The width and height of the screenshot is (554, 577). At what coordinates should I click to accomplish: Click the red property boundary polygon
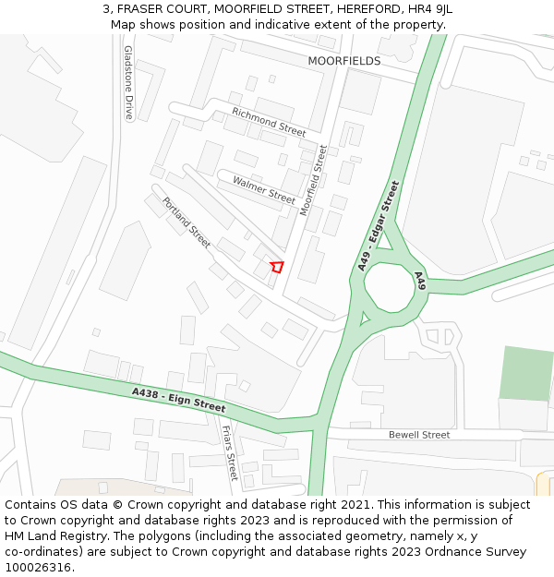pyautogui.click(x=276, y=267)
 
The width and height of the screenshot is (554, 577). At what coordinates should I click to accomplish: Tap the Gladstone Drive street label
pyautogui.click(x=128, y=83)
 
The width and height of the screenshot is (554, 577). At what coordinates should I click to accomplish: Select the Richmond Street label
pyautogui.click(x=269, y=122)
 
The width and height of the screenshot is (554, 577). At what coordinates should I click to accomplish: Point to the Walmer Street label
pyautogui.click(x=264, y=189)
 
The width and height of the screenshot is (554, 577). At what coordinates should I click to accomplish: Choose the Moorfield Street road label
pyautogui.click(x=314, y=180)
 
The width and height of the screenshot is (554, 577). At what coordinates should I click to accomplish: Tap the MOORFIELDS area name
pyautogui.click(x=343, y=61)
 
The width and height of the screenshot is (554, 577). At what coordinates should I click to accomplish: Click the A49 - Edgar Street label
pyautogui.click(x=379, y=225)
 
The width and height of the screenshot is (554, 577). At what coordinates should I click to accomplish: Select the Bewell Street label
pyautogui.click(x=419, y=435)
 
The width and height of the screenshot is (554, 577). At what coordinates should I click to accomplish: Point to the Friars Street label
pyautogui.click(x=230, y=453)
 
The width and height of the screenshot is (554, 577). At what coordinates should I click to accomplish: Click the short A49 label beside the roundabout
pyautogui.click(x=420, y=281)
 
